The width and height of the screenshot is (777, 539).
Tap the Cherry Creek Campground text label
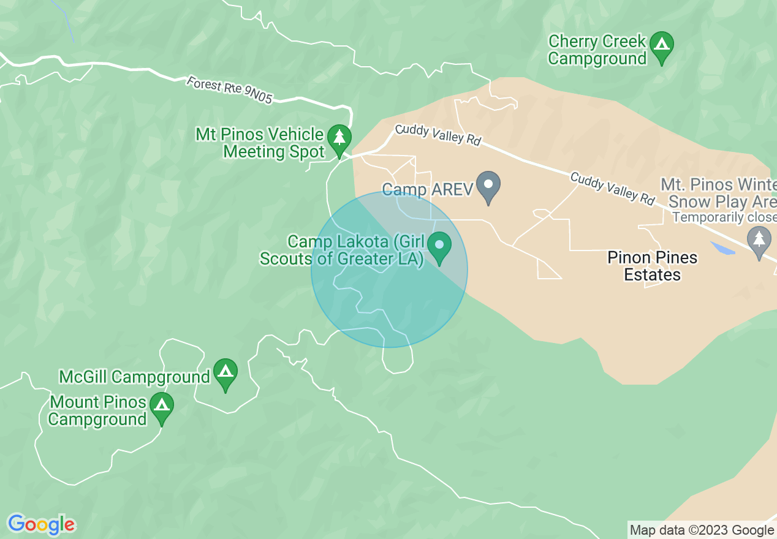tap(597, 50)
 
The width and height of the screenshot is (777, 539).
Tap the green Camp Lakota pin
tap(439, 246)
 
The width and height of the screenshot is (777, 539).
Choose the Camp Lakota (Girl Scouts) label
tap(342, 251)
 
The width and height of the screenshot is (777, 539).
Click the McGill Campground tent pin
tap(226, 373)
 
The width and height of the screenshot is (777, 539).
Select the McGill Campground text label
tap(134, 377)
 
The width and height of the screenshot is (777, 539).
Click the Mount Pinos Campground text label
tap(98, 411)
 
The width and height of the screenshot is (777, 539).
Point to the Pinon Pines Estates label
tap(653, 266)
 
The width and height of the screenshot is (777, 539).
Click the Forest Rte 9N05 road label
tap(229, 90)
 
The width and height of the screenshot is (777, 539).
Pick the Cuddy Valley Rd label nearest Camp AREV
tap(438, 134)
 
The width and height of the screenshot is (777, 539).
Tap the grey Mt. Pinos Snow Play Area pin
tap(759, 241)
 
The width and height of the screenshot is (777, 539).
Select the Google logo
tap(42, 524)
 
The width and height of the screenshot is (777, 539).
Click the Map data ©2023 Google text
tap(702, 530)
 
